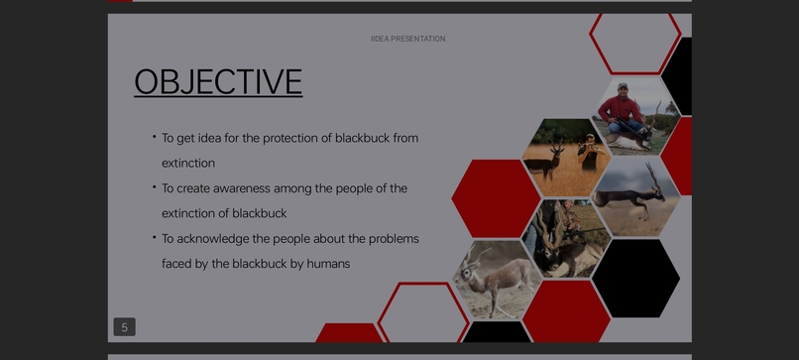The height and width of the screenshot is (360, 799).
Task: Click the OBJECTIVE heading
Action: [x=218, y=81]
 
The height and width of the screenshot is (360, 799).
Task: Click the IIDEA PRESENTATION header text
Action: [x=407, y=39]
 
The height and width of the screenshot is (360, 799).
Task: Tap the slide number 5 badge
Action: [x=124, y=327]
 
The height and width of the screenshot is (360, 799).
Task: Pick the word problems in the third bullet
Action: [x=394, y=239]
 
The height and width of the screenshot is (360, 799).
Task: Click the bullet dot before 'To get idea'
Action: [x=154, y=136]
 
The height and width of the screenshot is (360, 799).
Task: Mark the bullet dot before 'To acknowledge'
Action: [x=154, y=237]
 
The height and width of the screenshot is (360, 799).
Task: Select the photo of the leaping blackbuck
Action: [x=636, y=194]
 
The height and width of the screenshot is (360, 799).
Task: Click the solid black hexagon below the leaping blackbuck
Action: [x=635, y=277]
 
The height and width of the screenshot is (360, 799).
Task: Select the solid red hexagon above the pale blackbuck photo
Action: [x=496, y=197]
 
